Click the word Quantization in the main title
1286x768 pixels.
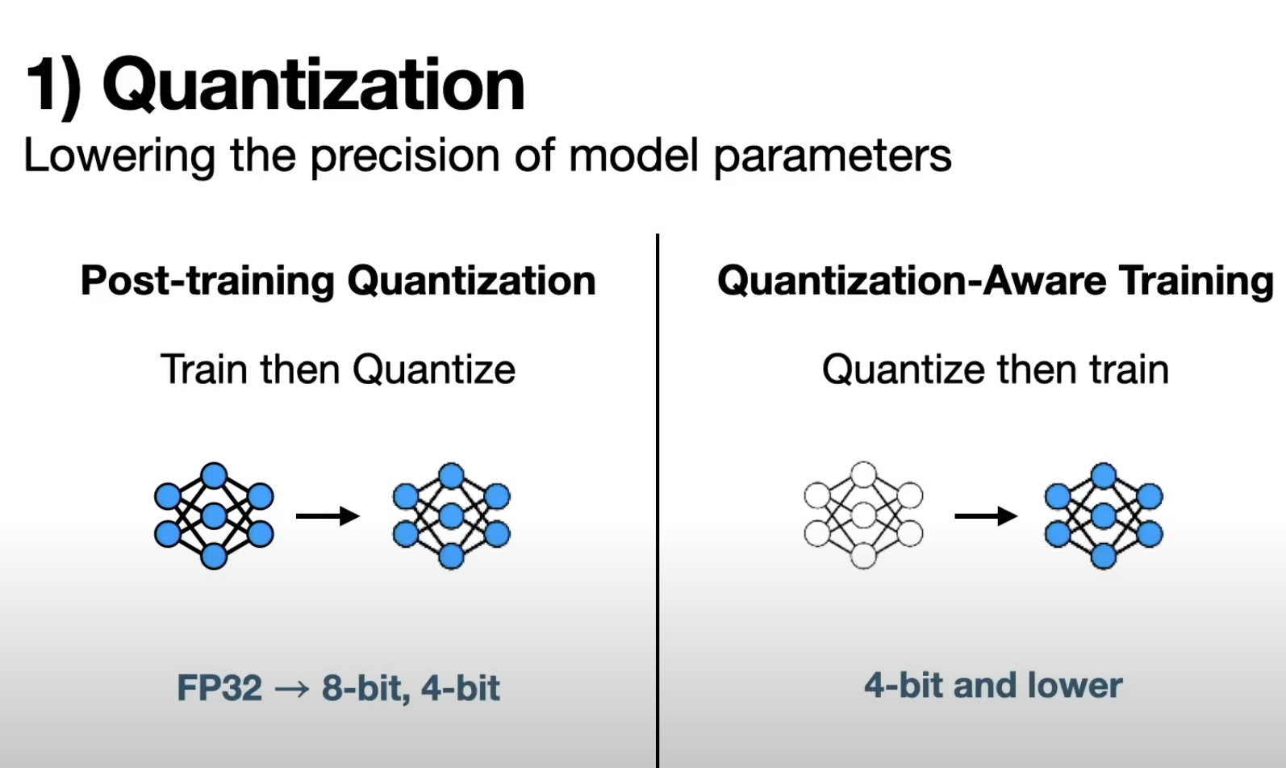point(314,86)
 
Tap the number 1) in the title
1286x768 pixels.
point(53,86)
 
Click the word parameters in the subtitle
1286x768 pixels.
point(833,157)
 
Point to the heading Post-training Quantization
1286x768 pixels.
point(338,281)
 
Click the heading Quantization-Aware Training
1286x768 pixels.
point(995,281)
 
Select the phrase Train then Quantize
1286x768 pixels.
point(337,369)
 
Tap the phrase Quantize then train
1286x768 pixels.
point(996,369)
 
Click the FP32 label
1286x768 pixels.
point(219,687)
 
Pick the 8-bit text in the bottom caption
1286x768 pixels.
point(365,687)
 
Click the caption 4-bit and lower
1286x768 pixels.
point(993,686)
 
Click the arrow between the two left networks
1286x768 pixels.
point(328,516)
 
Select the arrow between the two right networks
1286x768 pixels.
point(986,516)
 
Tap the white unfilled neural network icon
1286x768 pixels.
point(863,515)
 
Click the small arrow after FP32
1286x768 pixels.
point(291,688)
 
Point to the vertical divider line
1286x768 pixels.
point(658,500)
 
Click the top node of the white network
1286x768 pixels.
point(863,474)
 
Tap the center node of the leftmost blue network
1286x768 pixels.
point(214,516)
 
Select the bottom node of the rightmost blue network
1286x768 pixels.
point(1104,556)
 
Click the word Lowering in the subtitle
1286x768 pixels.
point(119,156)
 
